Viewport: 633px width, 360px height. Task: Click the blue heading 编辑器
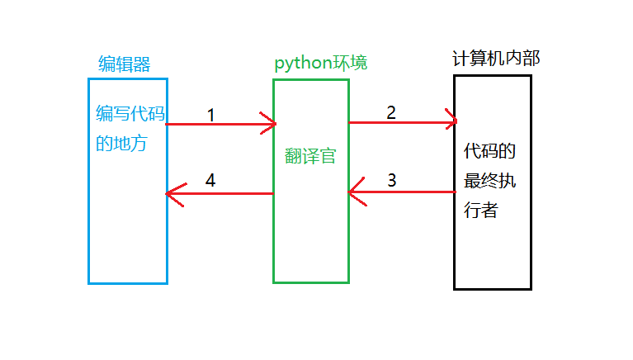[x=124, y=64]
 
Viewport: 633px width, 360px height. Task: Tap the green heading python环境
[x=321, y=64]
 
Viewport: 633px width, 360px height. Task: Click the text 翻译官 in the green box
[x=310, y=156]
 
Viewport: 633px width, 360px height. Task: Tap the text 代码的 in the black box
[x=490, y=151]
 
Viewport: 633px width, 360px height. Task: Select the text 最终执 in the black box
[x=490, y=180]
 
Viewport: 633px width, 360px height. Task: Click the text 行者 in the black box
[x=481, y=209]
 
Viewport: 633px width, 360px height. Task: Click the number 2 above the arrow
[x=391, y=112]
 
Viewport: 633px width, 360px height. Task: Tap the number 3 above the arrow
[x=391, y=179]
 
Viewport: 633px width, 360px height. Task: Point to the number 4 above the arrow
[x=210, y=180]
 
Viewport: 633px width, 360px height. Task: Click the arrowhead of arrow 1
[x=270, y=124]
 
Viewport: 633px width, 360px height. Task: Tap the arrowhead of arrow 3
[x=353, y=193]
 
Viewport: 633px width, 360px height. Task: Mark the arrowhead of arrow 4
[x=171, y=194]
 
